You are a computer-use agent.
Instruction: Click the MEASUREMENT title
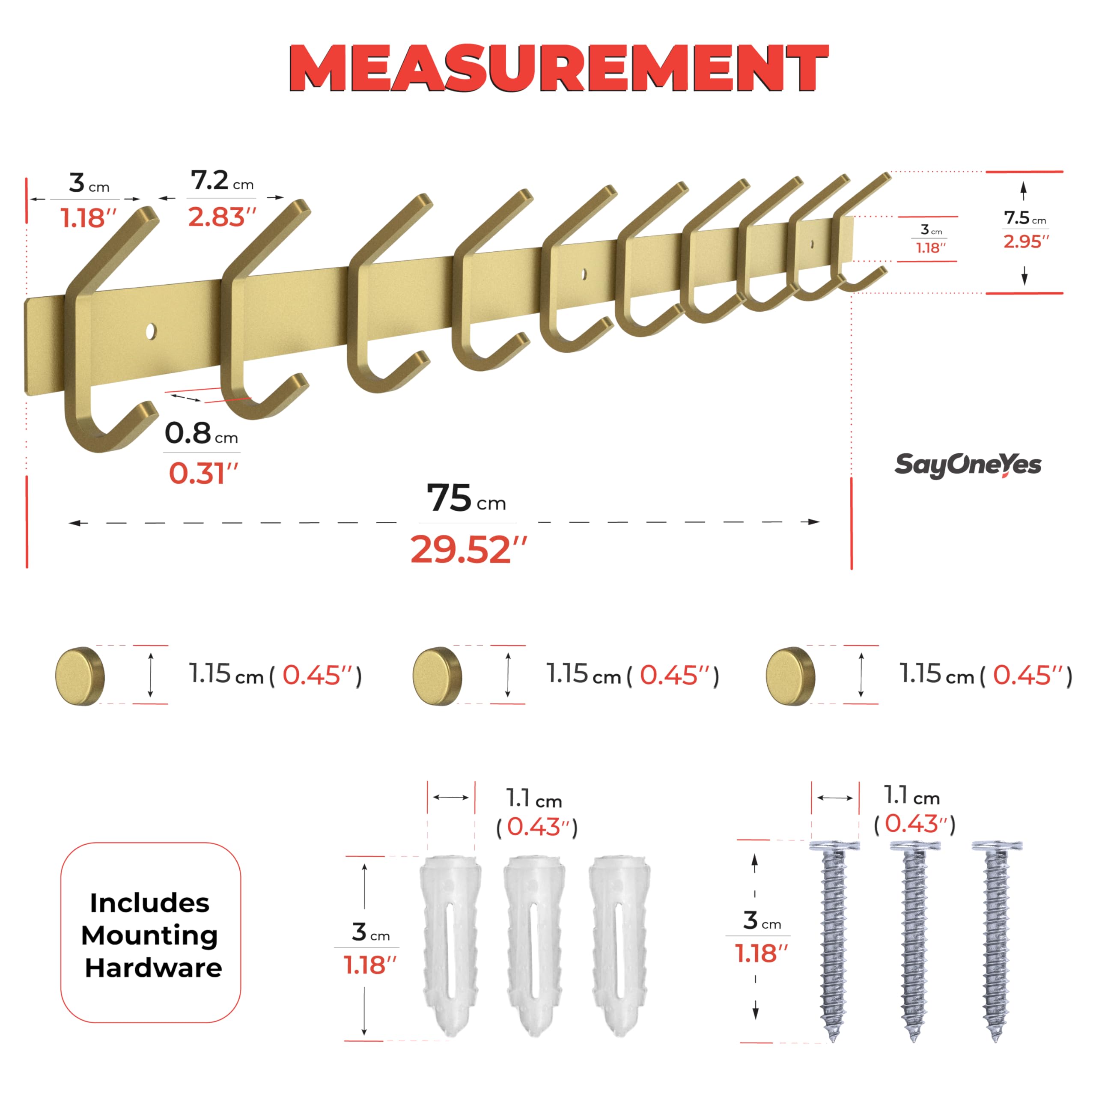tap(559, 68)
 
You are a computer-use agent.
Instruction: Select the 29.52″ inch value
tap(468, 550)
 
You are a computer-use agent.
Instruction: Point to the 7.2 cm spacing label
tap(222, 181)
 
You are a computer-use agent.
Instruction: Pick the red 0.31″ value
tap(203, 473)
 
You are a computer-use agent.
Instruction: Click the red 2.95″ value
tap(1026, 241)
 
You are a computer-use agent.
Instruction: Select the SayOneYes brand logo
tap(968, 465)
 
